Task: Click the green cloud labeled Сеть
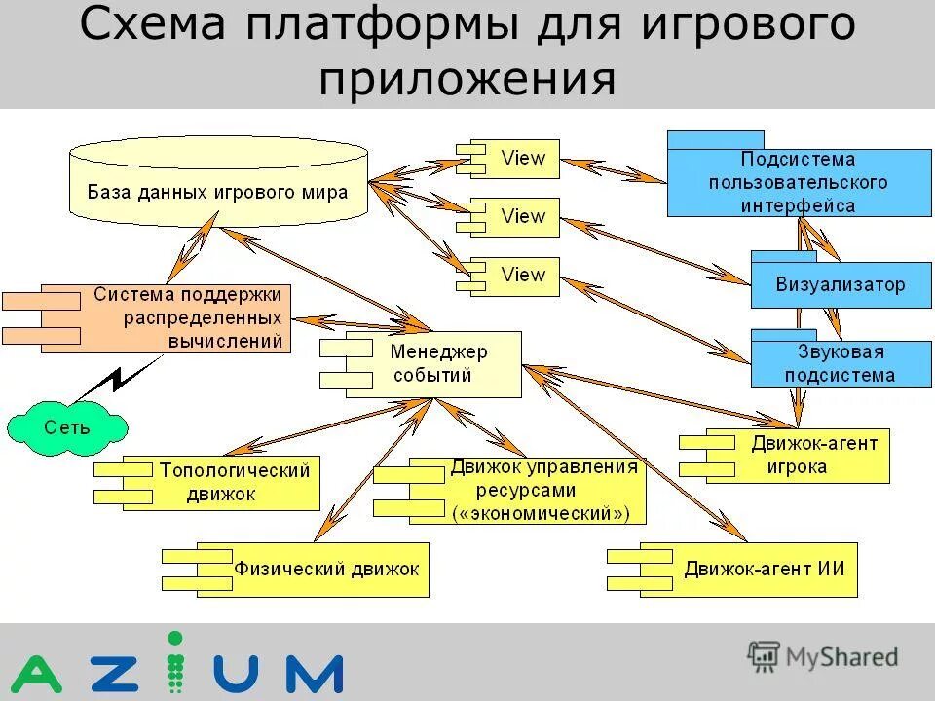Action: click(66, 426)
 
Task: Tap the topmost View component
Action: click(522, 159)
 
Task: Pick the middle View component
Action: click(522, 217)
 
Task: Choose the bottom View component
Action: click(522, 276)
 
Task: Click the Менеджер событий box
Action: click(438, 364)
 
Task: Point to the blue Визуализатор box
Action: click(840, 285)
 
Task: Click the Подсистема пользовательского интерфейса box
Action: click(798, 181)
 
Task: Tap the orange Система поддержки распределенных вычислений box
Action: click(185, 317)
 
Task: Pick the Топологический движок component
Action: click(234, 482)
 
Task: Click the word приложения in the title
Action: click(467, 80)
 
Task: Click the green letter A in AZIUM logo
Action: click(36, 674)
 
